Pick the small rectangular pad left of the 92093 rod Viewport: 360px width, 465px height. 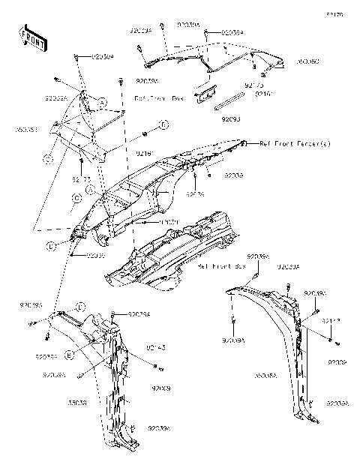(203, 95)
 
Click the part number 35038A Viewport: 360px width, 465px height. (267, 373)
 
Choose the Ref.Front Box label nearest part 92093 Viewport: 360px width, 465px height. (158, 98)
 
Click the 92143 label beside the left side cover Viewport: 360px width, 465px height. (155, 347)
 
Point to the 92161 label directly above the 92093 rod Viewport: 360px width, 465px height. (264, 94)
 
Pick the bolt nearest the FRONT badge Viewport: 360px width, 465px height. (78, 57)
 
